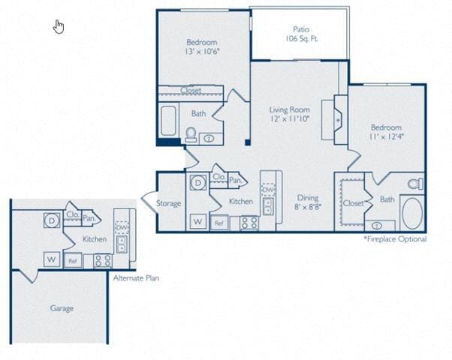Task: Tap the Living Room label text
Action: click(x=289, y=115)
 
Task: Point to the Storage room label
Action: click(x=169, y=203)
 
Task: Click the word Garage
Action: click(x=62, y=307)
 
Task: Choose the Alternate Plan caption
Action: click(x=135, y=277)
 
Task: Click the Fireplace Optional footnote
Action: click(x=395, y=239)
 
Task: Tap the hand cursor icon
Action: click(x=59, y=27)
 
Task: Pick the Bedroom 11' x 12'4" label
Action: click(x=386, y=133)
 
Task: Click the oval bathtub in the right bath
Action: click(x=413, y=214)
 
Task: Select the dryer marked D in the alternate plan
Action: click(x=52, y=221)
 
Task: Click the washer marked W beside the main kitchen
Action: click(x=197, y=221)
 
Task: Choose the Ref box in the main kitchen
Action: click(x=219, y=223)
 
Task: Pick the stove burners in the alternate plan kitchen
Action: click(x=102, y=261)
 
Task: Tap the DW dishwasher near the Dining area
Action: click(x=268, y=190)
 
